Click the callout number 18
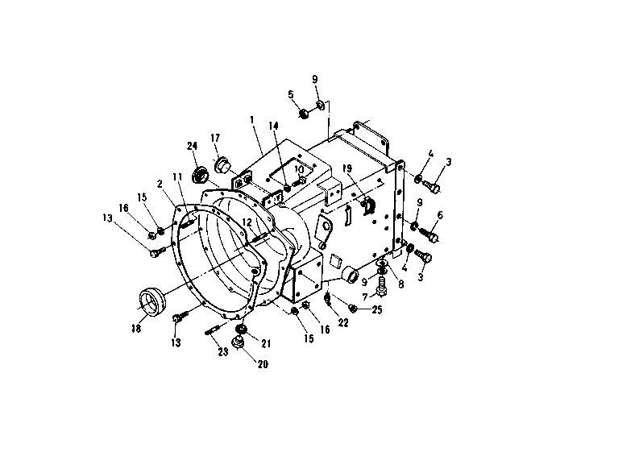pyautogui.click(x=136, y=328)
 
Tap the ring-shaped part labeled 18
pyautogui.click(x=151, y=301)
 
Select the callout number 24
pyautogui.click(x=193, y=146)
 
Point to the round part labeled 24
pyautogui.click(x=200, y=175)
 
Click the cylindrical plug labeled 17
pyautogui.click(x=222, y=164)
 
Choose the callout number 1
pyautogui.click(x=252, y=120)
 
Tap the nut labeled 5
pyautogui.click(x=304, y=114)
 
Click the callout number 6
pyautogui.click(x=440, y=215)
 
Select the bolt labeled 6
pyautogui.click(x=429, y=234)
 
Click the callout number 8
pyautogui.click(x=401, y=284)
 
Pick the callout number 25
pyautogui.click(x=377, y=309)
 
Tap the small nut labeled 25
pyautogui.click(x=353, y=309)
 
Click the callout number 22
pyautogui.click(x=343, y=322)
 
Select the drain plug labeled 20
pyautogui.click(x=238, y=343)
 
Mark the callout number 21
pyautogui.click(x=266, y=343)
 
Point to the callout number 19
pyautogui.click(x=347, y=168)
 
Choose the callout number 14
pyautogui.click(x=273, y=126)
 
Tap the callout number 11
pyautogui.click(x=177, y=177)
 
